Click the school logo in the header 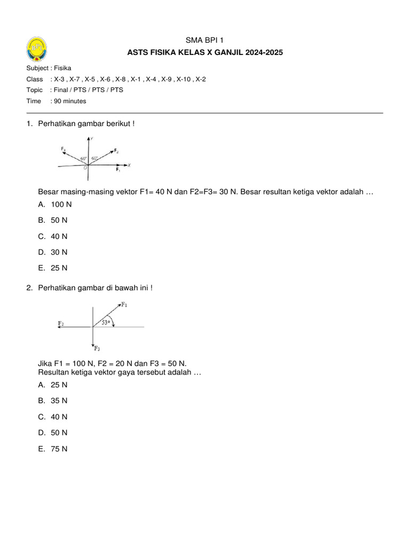click(36, 50)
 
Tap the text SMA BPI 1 click(204, 40)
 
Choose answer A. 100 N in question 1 click(55, 204)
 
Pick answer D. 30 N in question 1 click(53, 252)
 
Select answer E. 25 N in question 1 click(53, 268)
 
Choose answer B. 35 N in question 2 click(53, 401)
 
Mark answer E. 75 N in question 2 click(53, 449)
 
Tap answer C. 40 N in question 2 click(53, 417)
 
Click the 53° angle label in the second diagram click(107, 322)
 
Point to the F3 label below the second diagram click(97, 349)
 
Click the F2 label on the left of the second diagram click(61, 324)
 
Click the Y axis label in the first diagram click(92, 139)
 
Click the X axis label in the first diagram click(129, 165)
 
